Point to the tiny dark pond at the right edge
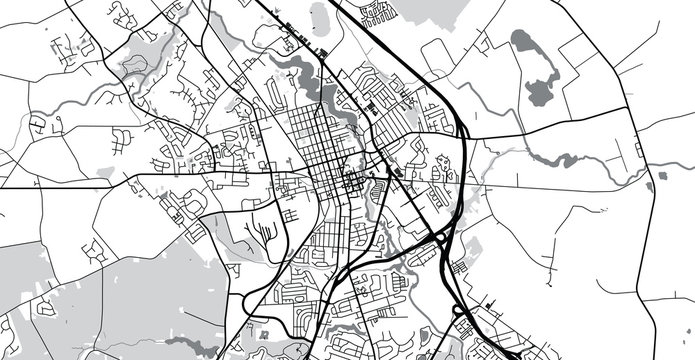(650, 186)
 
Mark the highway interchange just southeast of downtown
(441, 238)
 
